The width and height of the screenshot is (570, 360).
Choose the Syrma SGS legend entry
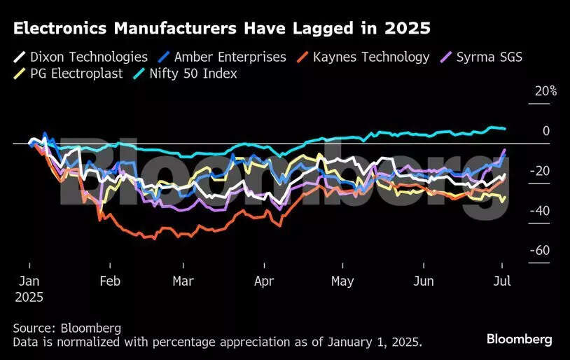(491, 57)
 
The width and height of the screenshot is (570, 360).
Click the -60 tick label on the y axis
(539, 251)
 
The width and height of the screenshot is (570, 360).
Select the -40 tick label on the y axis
(539, 211)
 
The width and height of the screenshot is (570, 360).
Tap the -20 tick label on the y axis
(539, 171)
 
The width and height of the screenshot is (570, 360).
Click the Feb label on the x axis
(109, 281)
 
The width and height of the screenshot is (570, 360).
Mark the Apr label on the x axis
(263, 281)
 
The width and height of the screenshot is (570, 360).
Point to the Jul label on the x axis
(501, 281)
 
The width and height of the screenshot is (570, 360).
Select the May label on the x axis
(342, 281)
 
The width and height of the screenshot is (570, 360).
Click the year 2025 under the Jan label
(29, 297)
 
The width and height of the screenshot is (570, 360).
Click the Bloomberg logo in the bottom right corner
(519, 339)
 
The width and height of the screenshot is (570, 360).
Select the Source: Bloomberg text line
(67, 328)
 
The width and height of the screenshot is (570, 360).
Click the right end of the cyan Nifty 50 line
(505, 128)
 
